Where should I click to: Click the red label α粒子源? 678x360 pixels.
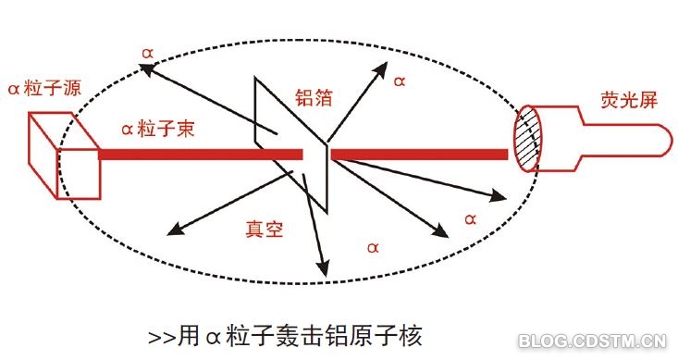coord(44,88)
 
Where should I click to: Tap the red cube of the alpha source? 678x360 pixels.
coord(65,155)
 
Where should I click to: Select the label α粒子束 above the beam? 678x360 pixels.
coord(158,129)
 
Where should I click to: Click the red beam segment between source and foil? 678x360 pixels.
coord(201,155)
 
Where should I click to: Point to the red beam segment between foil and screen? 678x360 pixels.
coord(419,155)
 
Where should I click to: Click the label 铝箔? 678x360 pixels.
coord(314,97)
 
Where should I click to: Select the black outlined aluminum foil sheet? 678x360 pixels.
coord(292,145)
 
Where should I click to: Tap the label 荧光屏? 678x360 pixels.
coord(629,100)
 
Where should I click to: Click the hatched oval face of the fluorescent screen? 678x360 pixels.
coord(527,139)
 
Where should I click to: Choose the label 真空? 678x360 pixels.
coord(265,229)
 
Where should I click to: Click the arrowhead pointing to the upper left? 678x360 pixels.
coord(146,69)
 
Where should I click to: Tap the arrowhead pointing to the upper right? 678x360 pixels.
coord(381,69)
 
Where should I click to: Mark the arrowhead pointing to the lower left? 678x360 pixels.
coord(175,230)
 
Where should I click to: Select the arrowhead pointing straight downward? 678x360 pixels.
coord(322,268)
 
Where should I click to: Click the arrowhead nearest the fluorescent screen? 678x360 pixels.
coord(499,196)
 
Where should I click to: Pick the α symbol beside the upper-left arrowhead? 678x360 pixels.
coord(147,54)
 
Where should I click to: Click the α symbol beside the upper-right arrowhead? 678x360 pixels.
coord(400,81)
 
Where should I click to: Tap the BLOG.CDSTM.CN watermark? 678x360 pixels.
coord(592,341)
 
